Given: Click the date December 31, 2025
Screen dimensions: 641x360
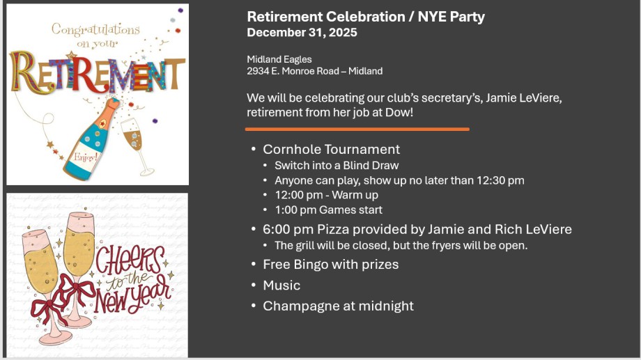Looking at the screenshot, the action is click(302, 33).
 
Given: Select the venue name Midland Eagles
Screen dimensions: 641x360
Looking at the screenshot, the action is click(279, 60).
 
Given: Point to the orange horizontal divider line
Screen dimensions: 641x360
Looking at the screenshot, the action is click(357, 129).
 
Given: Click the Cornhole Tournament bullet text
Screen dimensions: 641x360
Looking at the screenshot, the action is click(331, 149).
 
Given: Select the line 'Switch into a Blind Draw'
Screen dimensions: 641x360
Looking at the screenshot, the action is click(337, 166).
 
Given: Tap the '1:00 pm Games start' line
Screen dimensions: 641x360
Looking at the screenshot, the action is click(328, 210).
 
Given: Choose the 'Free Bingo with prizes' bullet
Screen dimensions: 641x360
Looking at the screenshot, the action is click(331, 265).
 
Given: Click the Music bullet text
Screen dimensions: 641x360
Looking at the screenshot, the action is click(281, 285).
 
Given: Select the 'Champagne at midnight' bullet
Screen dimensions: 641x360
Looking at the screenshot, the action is click(338, 306).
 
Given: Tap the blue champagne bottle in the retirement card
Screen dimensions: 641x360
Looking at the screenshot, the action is click(93, 139).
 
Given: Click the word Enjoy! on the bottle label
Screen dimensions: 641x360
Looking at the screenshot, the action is click(86, 157).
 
